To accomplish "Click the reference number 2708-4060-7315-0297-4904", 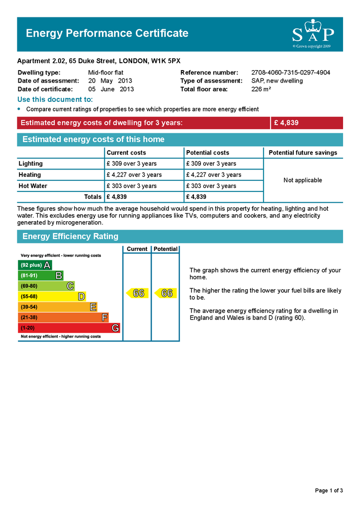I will [290, 73].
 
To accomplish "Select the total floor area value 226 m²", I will [261, 89].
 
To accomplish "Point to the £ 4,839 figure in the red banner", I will [286, 123].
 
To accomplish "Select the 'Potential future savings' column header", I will [303, 153].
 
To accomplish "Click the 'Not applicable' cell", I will [303, 180].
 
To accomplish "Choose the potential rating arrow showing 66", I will [165, 293].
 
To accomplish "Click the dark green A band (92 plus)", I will [35, 265].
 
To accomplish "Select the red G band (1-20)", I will [69, 328].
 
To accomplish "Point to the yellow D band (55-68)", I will [52, 297].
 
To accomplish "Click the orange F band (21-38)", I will [63, 318].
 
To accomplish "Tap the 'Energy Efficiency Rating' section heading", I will [70, 237].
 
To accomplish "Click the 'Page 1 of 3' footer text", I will [329, 491].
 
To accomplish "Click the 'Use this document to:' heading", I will [55, 99].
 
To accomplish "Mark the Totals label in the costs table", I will [93, 197].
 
